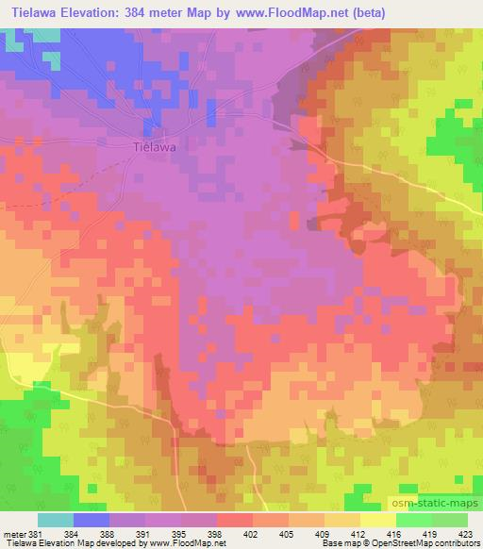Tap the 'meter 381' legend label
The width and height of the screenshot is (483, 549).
[x=21, y=533]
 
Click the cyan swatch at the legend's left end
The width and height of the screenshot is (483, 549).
[x=56, y=520]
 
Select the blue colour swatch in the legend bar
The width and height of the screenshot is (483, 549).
[x=92, y=520]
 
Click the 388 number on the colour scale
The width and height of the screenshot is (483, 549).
[x=108, y=533]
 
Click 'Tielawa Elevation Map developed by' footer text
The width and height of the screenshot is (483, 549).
[x=67, y=543]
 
